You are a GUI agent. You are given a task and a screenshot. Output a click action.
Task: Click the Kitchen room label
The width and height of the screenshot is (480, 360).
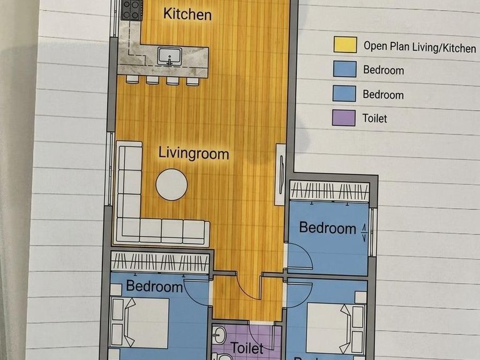point(187,14)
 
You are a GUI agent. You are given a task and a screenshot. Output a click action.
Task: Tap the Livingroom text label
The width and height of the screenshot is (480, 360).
point(194,153)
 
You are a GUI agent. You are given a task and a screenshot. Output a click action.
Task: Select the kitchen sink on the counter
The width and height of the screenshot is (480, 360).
point(169,56)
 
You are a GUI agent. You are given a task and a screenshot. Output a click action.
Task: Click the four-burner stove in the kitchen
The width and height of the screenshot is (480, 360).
point(132,10)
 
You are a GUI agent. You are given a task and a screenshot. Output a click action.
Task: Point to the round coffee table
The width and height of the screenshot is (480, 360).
point(171,184)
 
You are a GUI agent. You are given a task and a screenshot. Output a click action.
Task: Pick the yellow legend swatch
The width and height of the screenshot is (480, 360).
point(345,45)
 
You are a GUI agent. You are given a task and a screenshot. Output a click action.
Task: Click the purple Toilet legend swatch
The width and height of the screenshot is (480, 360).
point(344,118)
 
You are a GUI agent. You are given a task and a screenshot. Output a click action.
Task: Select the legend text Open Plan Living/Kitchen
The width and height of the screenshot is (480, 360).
point(420,47)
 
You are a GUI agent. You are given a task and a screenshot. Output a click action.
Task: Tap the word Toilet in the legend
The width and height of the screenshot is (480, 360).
point(375,118)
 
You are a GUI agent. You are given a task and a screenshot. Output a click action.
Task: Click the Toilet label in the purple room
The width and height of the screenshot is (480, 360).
point(247,348)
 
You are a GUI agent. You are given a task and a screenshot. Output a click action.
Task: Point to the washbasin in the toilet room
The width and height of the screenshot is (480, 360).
point(219,334)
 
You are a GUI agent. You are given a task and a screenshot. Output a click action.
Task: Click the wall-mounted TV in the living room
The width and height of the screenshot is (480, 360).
point(281,174)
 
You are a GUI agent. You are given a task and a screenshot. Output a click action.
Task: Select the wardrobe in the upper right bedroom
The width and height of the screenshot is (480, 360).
point(329,191)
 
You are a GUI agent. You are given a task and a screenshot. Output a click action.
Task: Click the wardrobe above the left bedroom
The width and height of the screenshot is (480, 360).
point(161,262)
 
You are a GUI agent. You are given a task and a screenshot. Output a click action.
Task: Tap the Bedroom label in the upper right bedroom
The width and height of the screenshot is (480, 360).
point(327,228)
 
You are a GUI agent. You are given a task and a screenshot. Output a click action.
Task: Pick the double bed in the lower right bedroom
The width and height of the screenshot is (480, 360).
point(336,328)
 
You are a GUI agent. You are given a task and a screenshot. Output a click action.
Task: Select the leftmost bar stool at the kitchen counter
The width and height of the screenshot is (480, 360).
point(132,79)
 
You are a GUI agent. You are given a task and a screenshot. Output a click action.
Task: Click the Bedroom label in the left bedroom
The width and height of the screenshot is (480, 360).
point(154,286)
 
